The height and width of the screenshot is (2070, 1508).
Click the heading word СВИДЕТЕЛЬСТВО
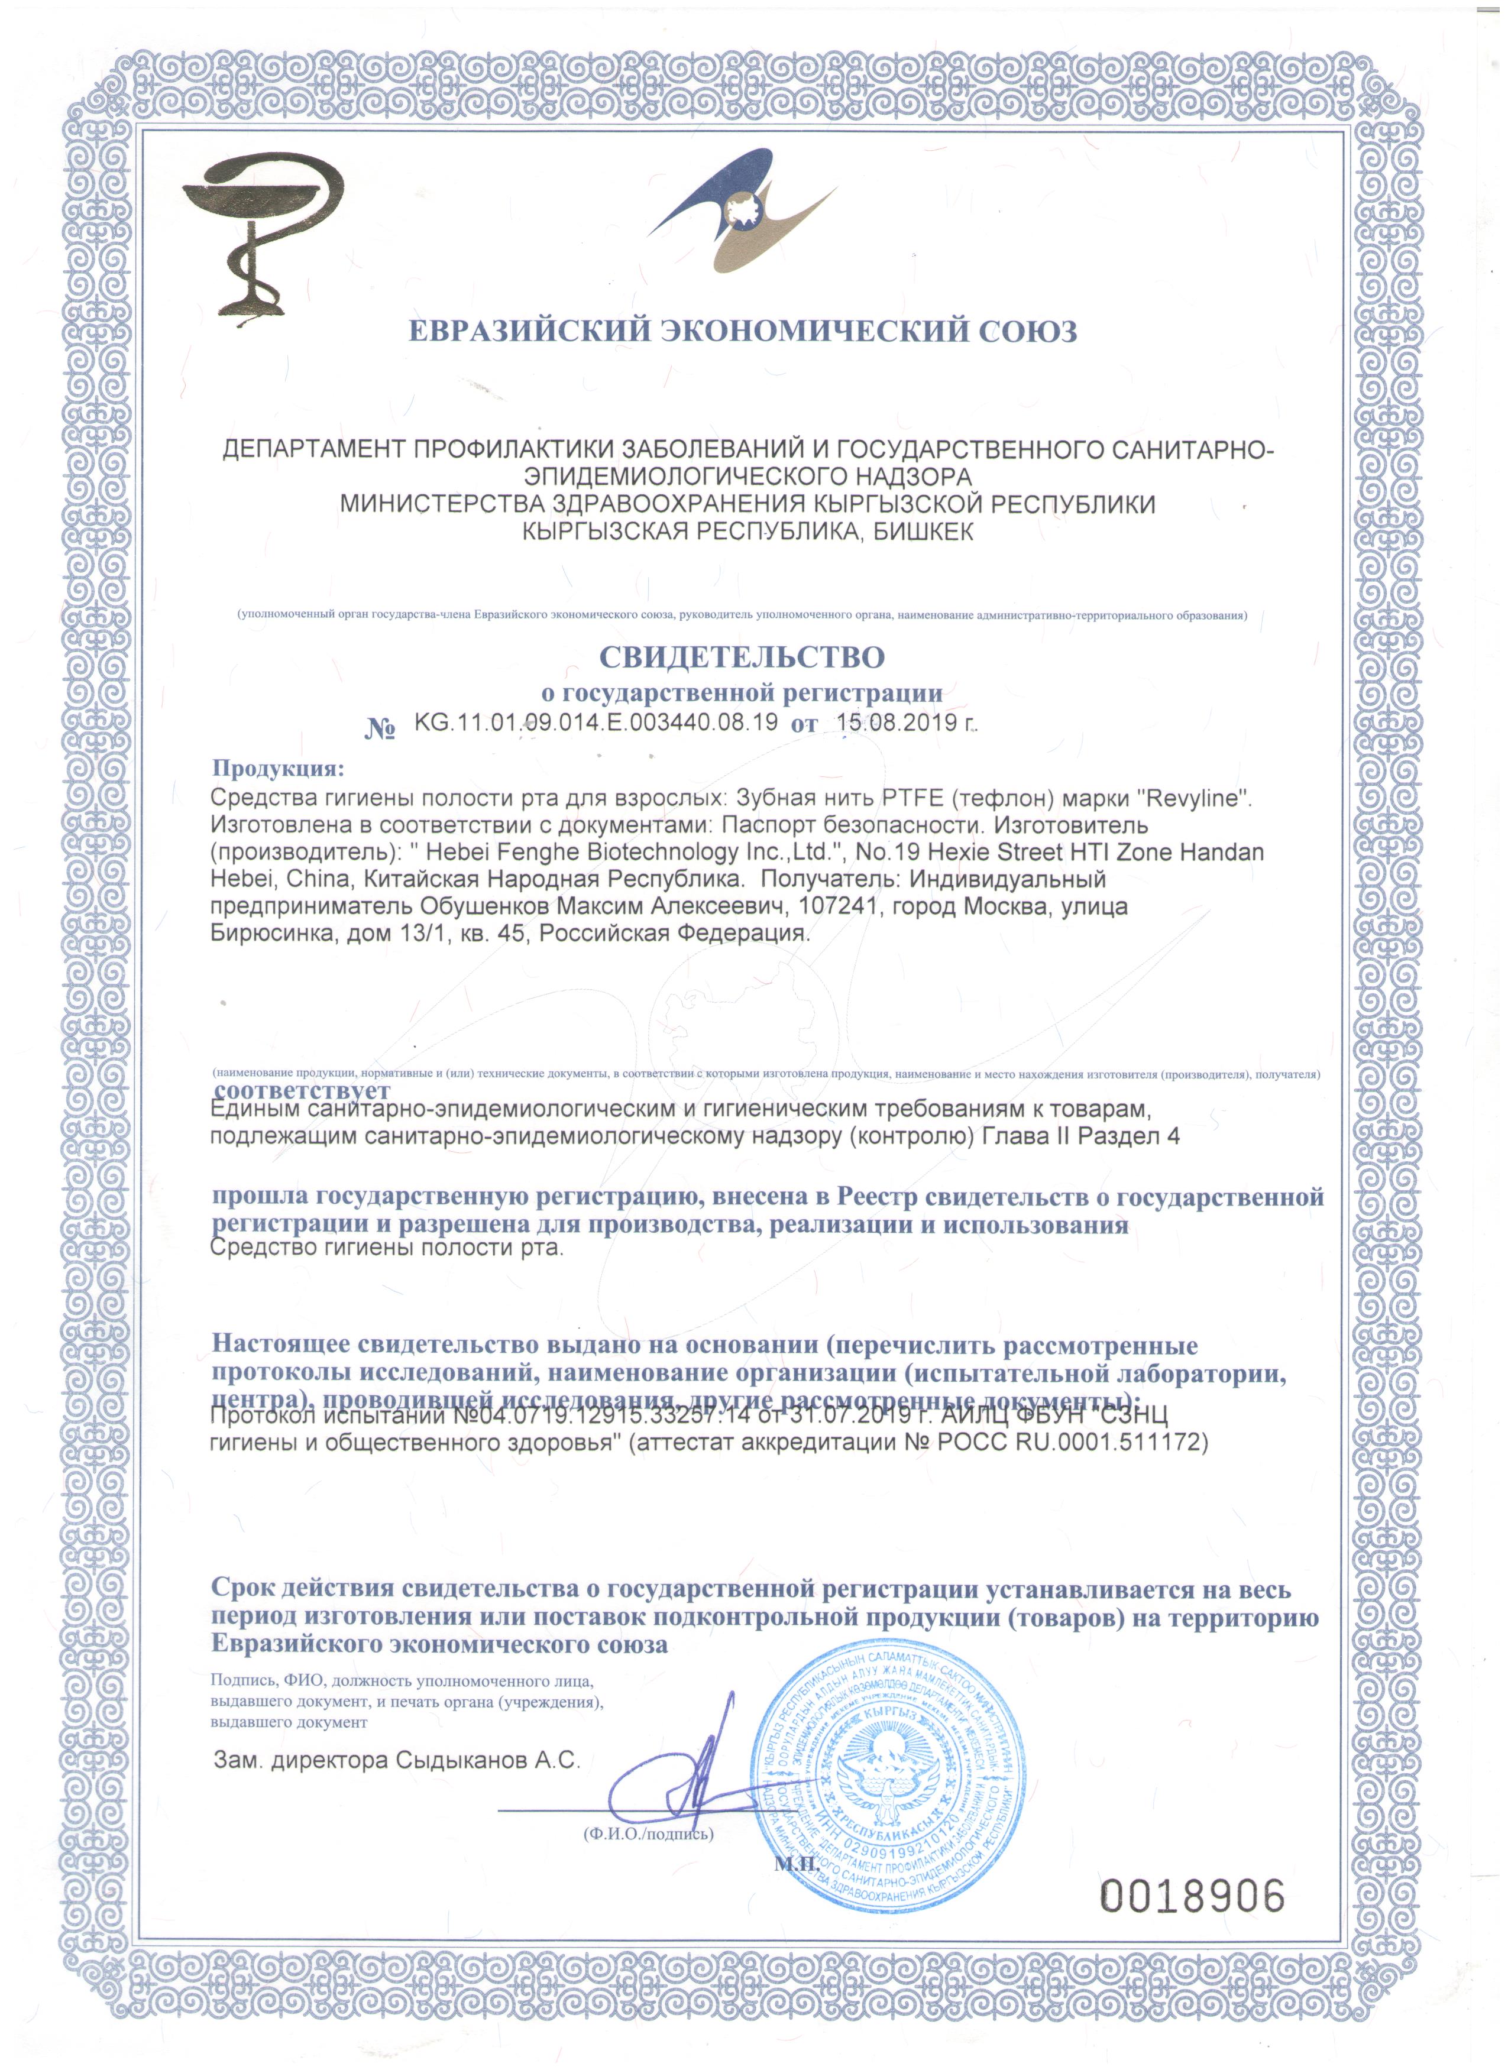click(x=741, y=657)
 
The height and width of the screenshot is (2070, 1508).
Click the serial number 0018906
click(x=1193, y=1871)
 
